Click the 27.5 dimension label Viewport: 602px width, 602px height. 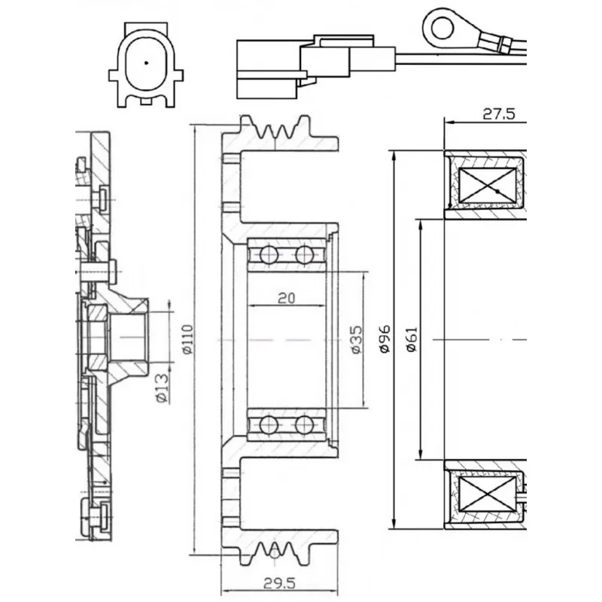pyautogui.click(x=498, y=114)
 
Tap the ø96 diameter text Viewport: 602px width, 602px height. pyautogui.click(x=385, y=339)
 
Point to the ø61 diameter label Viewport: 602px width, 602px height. pyautogui.click(x=412, y=339)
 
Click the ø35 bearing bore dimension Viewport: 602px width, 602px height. pyautogui.click(x=356, y=339)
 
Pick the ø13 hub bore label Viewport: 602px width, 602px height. pyautogui.click(x=163, y=388)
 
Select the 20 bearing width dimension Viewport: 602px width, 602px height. pyautogui.click(x=287, y=298)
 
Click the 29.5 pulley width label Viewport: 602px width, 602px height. pyautogui.click(x=279, y=583)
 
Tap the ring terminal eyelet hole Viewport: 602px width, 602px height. pyautogui.click(x=442, y=28)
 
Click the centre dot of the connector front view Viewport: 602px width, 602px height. pyautogui.click(x=146, y=62)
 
